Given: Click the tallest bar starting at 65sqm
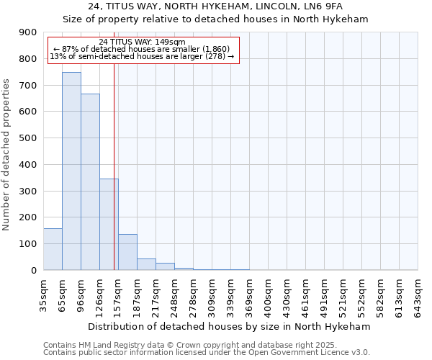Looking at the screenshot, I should [71, 171].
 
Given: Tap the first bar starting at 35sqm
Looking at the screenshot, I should [53, 249].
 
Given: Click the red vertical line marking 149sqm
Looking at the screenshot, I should [114, 166].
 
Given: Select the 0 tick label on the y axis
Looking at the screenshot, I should [35, 271].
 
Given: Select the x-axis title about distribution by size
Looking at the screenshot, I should [230, 326].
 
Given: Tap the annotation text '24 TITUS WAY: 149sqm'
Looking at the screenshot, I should [142, 42].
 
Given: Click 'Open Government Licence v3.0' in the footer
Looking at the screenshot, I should [314, 353].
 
